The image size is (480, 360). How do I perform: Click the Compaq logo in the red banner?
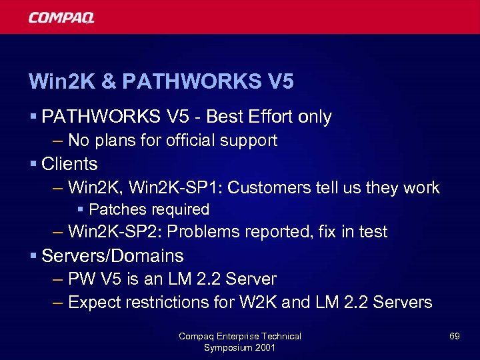pyautogui.click(x=61, y=17)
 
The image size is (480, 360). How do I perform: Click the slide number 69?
pyautogui.click(x=454, y=336)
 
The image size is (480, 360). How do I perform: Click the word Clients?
pyautogui.click(x=69, y=164)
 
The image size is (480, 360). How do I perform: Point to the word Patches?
pyautogui.click(x=117, y=209)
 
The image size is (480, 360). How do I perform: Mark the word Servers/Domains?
pyautogui.click(x=112, y=256)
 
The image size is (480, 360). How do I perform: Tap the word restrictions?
pyautogui.click(x=166, y=303)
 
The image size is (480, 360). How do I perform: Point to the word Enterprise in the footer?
pyautogui.click(x=242, y=336)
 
